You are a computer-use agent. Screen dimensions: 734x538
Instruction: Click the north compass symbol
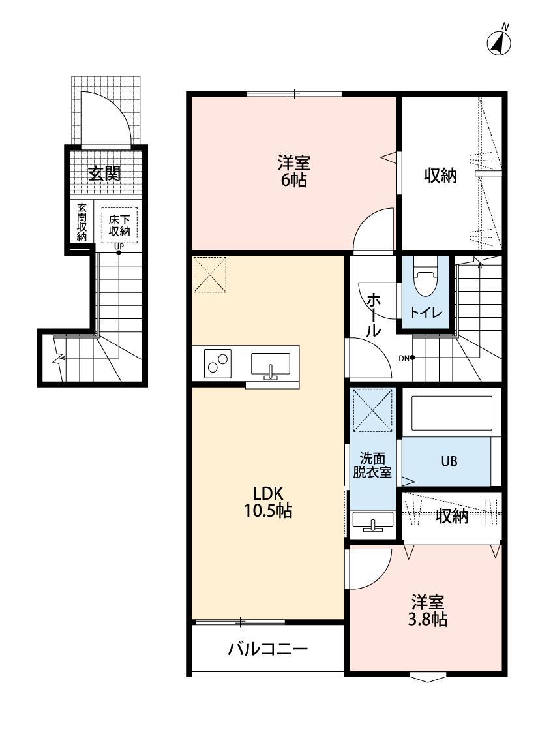[499, 42]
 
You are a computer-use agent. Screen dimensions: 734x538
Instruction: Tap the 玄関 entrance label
[104, 174]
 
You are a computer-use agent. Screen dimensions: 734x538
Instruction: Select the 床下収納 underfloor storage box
[119, 224]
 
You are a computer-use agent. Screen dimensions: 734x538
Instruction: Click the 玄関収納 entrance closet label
[82, 222]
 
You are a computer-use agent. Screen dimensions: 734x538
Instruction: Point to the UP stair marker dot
[119, 252]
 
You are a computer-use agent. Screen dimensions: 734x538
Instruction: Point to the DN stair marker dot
[412, 358]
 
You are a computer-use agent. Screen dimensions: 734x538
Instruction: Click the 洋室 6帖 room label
[293, 172]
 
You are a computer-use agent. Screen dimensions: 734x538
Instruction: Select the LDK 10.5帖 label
[267, 502]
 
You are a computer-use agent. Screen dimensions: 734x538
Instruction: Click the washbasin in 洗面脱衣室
[372, 522]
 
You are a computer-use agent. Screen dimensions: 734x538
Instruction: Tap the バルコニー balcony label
[267, 650]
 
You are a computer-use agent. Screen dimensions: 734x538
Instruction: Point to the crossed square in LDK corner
[209, 275]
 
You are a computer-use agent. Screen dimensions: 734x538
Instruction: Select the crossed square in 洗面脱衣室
[372, 411]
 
